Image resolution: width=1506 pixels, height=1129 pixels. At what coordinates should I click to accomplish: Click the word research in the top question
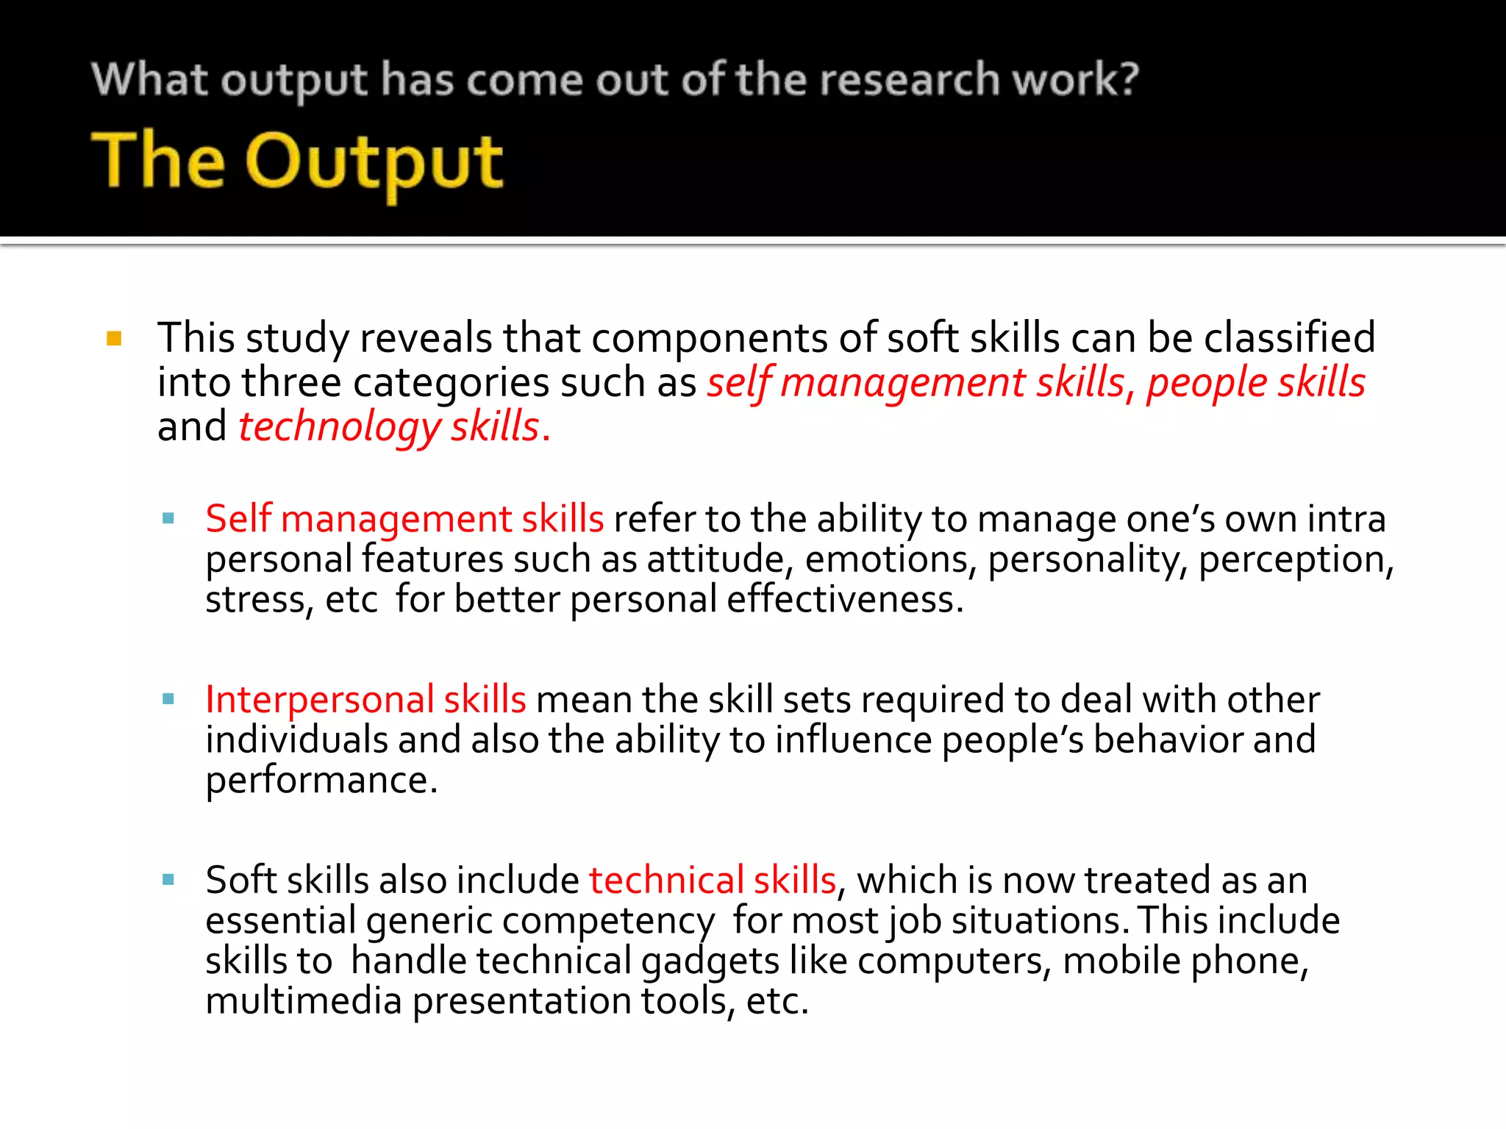[910, 79]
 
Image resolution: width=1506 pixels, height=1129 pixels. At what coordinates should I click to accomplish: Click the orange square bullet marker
[114, 339]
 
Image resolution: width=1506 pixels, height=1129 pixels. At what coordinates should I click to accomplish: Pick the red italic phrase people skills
[1255, 383]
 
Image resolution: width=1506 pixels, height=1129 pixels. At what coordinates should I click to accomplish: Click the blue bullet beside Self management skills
[168, 518]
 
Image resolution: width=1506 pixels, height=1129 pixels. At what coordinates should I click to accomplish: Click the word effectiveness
[844, 600]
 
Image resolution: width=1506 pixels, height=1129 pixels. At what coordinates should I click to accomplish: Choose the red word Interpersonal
[320, 699]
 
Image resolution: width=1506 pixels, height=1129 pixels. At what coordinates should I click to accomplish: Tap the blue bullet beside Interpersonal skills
[168, 699]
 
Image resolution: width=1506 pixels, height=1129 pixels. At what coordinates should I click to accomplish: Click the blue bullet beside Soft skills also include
[168, 879]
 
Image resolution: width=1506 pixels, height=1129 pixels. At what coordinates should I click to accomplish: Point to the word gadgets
[710, 961]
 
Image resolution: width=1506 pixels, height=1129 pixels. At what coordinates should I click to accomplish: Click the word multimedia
[303, 1001]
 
